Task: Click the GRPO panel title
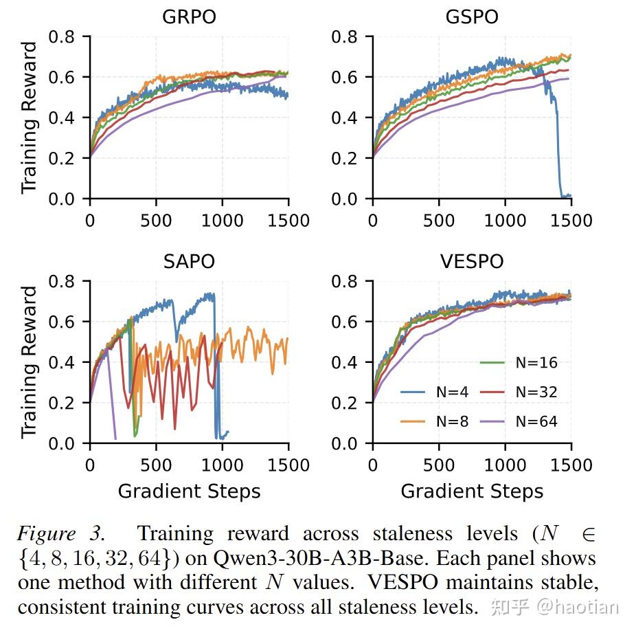pos(189,16)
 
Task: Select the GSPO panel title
pos(472,16)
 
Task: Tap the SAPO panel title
pos(189,261)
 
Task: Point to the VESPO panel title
pos(472,261)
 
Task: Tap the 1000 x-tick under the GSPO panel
pos(505,220)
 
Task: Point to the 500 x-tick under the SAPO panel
pos(155,465)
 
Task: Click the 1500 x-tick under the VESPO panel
pos(571,465)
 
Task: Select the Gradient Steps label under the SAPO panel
pos(189,491)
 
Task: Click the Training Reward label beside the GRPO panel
pos(29,118)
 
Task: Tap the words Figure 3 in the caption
pos(62,533)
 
